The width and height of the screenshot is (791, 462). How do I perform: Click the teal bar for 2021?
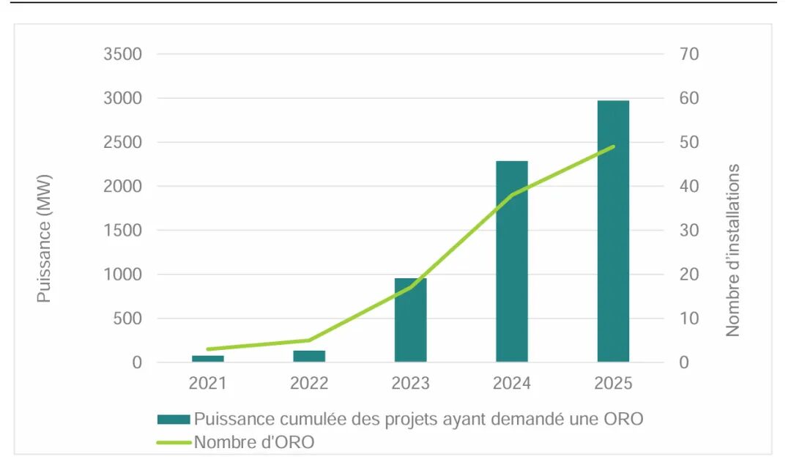[x=208, y=358]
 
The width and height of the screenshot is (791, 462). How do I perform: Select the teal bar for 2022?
[x=309, y=356]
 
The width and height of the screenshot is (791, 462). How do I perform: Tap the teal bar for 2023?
[x=410, y=320]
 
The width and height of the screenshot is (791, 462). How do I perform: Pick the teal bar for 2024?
[x=511, y=261]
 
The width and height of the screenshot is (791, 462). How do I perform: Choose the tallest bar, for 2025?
[x=613, y=231]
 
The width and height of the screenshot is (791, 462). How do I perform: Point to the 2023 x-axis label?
[x=410, y=383]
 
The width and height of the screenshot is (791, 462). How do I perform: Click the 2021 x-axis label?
[x=208, y=383]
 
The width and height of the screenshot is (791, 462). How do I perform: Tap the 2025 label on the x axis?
[x=613, y=383]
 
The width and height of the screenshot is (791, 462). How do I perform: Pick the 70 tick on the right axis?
[x=689, y=54]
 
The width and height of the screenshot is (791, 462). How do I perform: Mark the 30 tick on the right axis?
[x=689, y=231]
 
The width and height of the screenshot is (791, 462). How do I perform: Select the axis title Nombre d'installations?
[x=732, y=250]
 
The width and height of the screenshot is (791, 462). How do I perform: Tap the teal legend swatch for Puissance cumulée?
[x=174, y=420]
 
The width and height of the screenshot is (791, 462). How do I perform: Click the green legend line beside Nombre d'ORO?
[x=174, y=442]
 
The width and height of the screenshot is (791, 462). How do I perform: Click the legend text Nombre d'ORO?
[x=254, y=442]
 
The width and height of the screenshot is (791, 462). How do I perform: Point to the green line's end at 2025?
[x=613, y=146]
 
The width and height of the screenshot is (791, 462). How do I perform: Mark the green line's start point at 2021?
[x=208, y=349]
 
